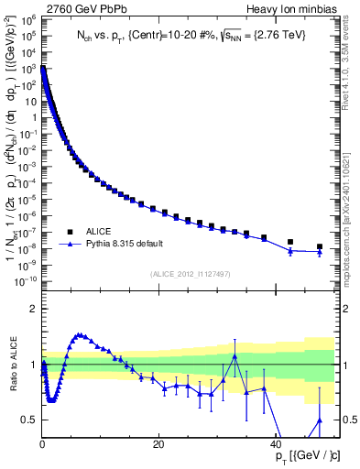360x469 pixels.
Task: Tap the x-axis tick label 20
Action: (x=158, y=443)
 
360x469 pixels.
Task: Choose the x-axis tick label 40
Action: (x=276, y=443)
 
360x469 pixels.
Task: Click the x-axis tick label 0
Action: (x=42, y=443)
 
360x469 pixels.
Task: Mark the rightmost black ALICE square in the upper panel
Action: (x=319, y=246)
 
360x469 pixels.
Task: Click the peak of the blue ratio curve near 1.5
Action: (x=80, y=335)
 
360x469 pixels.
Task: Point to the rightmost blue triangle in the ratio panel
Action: (x=319, y=420)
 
